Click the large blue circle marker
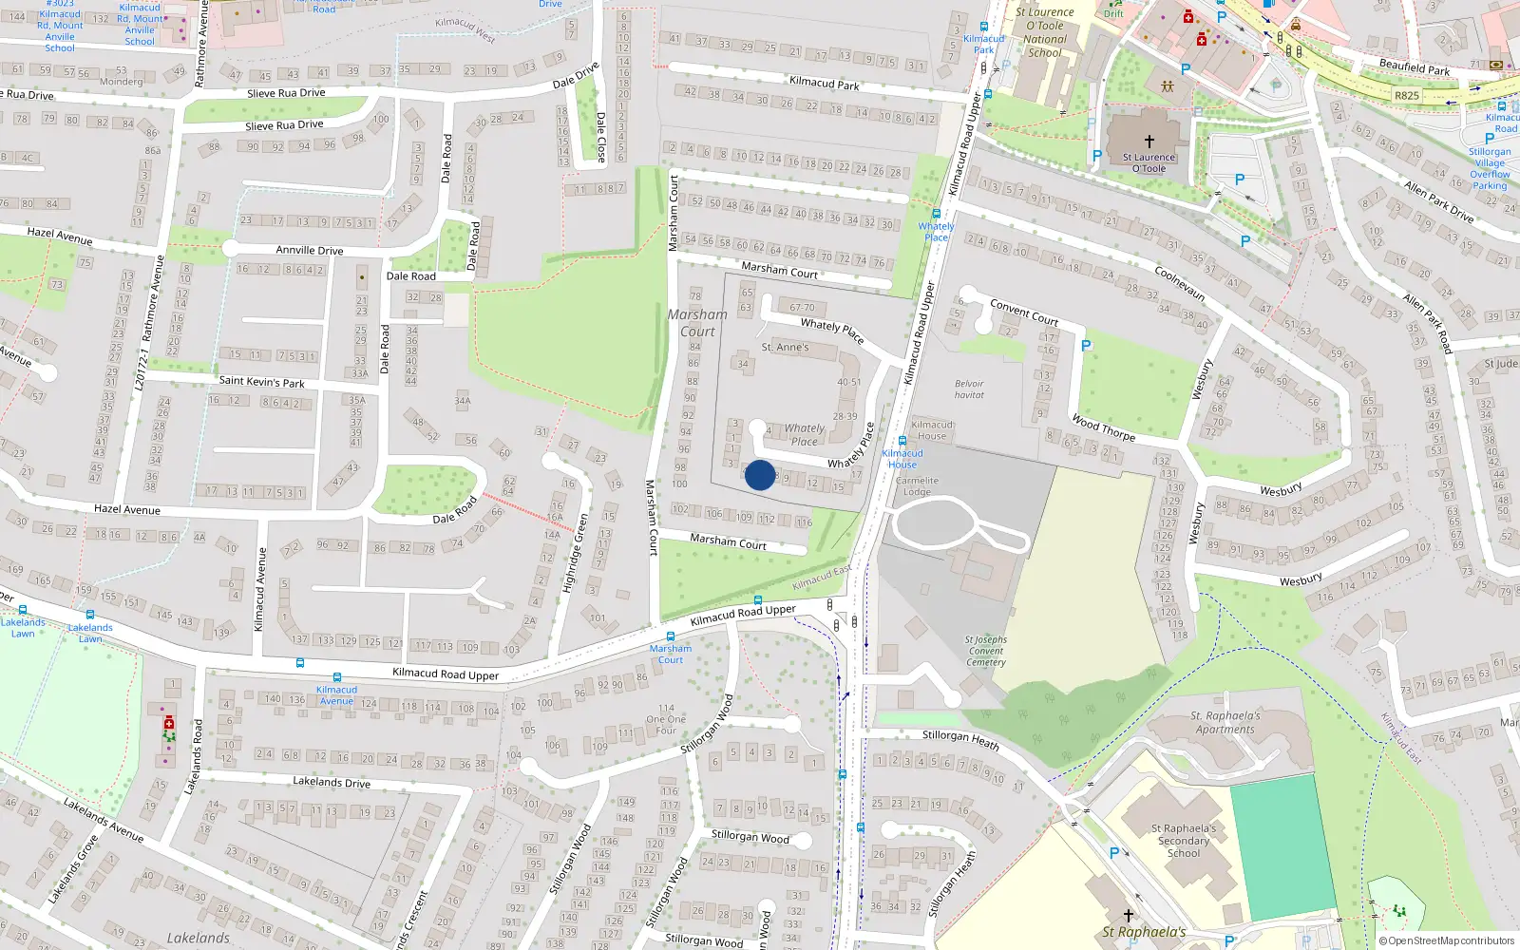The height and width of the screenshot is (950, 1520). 760,475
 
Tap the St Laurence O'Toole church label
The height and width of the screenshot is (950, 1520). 1149,162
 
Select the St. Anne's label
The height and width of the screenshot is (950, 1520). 785,348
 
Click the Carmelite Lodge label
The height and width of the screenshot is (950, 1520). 917,486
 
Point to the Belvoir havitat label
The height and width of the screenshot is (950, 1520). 969,389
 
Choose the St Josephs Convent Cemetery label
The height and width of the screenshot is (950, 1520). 986,651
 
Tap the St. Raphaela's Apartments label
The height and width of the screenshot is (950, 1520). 1225,723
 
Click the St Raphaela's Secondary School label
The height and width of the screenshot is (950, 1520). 1184,841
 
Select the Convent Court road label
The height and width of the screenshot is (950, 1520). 1024,312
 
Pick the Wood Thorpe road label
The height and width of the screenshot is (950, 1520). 1103,427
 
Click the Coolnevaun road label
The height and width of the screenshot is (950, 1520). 1180,283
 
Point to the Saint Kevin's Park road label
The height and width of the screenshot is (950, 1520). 261,381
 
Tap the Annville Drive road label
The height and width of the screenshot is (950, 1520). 310,251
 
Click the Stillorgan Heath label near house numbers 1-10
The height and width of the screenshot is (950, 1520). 960,740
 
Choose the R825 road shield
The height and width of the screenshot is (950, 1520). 1407,96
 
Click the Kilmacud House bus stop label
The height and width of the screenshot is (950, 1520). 902,459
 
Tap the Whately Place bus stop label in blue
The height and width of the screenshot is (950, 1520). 936,232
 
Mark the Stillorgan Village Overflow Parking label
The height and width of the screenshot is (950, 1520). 1490,168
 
